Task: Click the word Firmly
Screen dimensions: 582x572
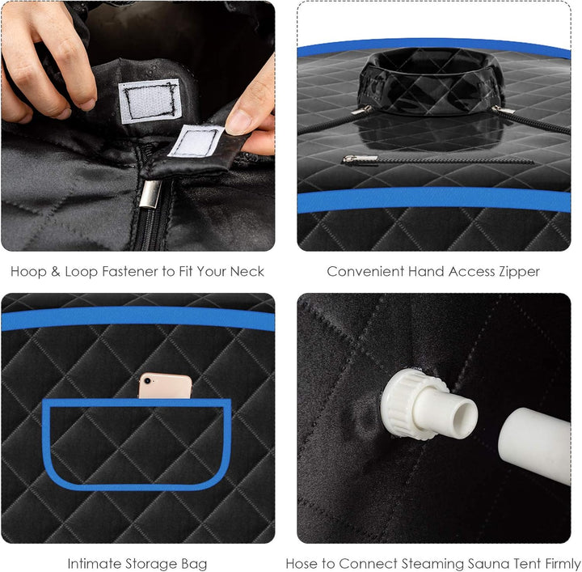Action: point(561,564)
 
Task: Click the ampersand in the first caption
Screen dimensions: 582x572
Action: point(56,272)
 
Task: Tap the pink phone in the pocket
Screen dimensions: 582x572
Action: point(165,386)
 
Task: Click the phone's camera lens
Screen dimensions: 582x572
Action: point(147,381)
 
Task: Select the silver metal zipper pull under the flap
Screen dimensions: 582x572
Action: point(150,194)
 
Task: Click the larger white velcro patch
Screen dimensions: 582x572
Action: point(150,100)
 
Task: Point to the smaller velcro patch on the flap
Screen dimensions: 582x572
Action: point(196,142)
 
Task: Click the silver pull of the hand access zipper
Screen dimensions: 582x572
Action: point(359,159)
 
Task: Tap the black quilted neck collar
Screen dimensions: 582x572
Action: point(431,83)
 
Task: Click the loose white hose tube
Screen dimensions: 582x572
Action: point(534,445)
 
